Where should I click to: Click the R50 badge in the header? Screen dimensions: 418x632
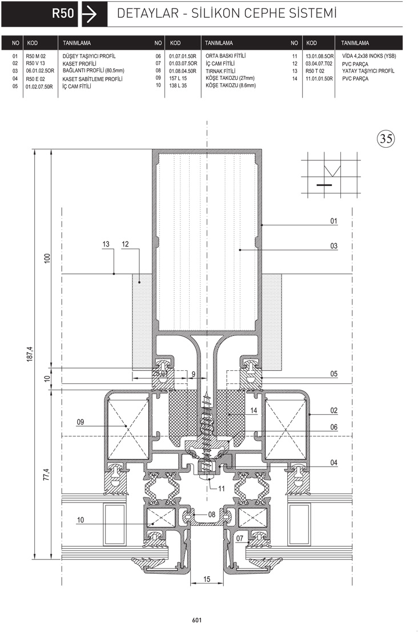39,14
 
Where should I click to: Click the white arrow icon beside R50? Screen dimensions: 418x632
89,14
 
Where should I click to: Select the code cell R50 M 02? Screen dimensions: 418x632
36,56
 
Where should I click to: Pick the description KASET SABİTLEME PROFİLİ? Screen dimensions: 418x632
93,79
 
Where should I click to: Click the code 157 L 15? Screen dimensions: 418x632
178,78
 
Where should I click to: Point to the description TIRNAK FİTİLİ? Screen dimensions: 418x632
220,71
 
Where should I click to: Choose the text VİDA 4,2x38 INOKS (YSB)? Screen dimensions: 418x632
369,56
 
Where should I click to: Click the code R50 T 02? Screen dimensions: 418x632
315,71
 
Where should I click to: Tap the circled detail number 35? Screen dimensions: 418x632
386,139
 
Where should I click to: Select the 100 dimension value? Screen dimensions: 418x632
47,258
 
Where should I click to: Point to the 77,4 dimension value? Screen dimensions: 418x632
47,475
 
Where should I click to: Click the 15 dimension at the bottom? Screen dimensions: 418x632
207,579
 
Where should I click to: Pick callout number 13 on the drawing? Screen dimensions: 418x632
106,244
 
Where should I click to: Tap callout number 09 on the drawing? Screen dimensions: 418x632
81,422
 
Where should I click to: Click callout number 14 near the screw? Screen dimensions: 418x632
254,411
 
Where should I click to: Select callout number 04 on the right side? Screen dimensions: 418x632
333,463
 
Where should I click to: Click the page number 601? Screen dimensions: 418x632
197,621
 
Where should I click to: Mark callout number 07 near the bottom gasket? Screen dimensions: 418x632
240,538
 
